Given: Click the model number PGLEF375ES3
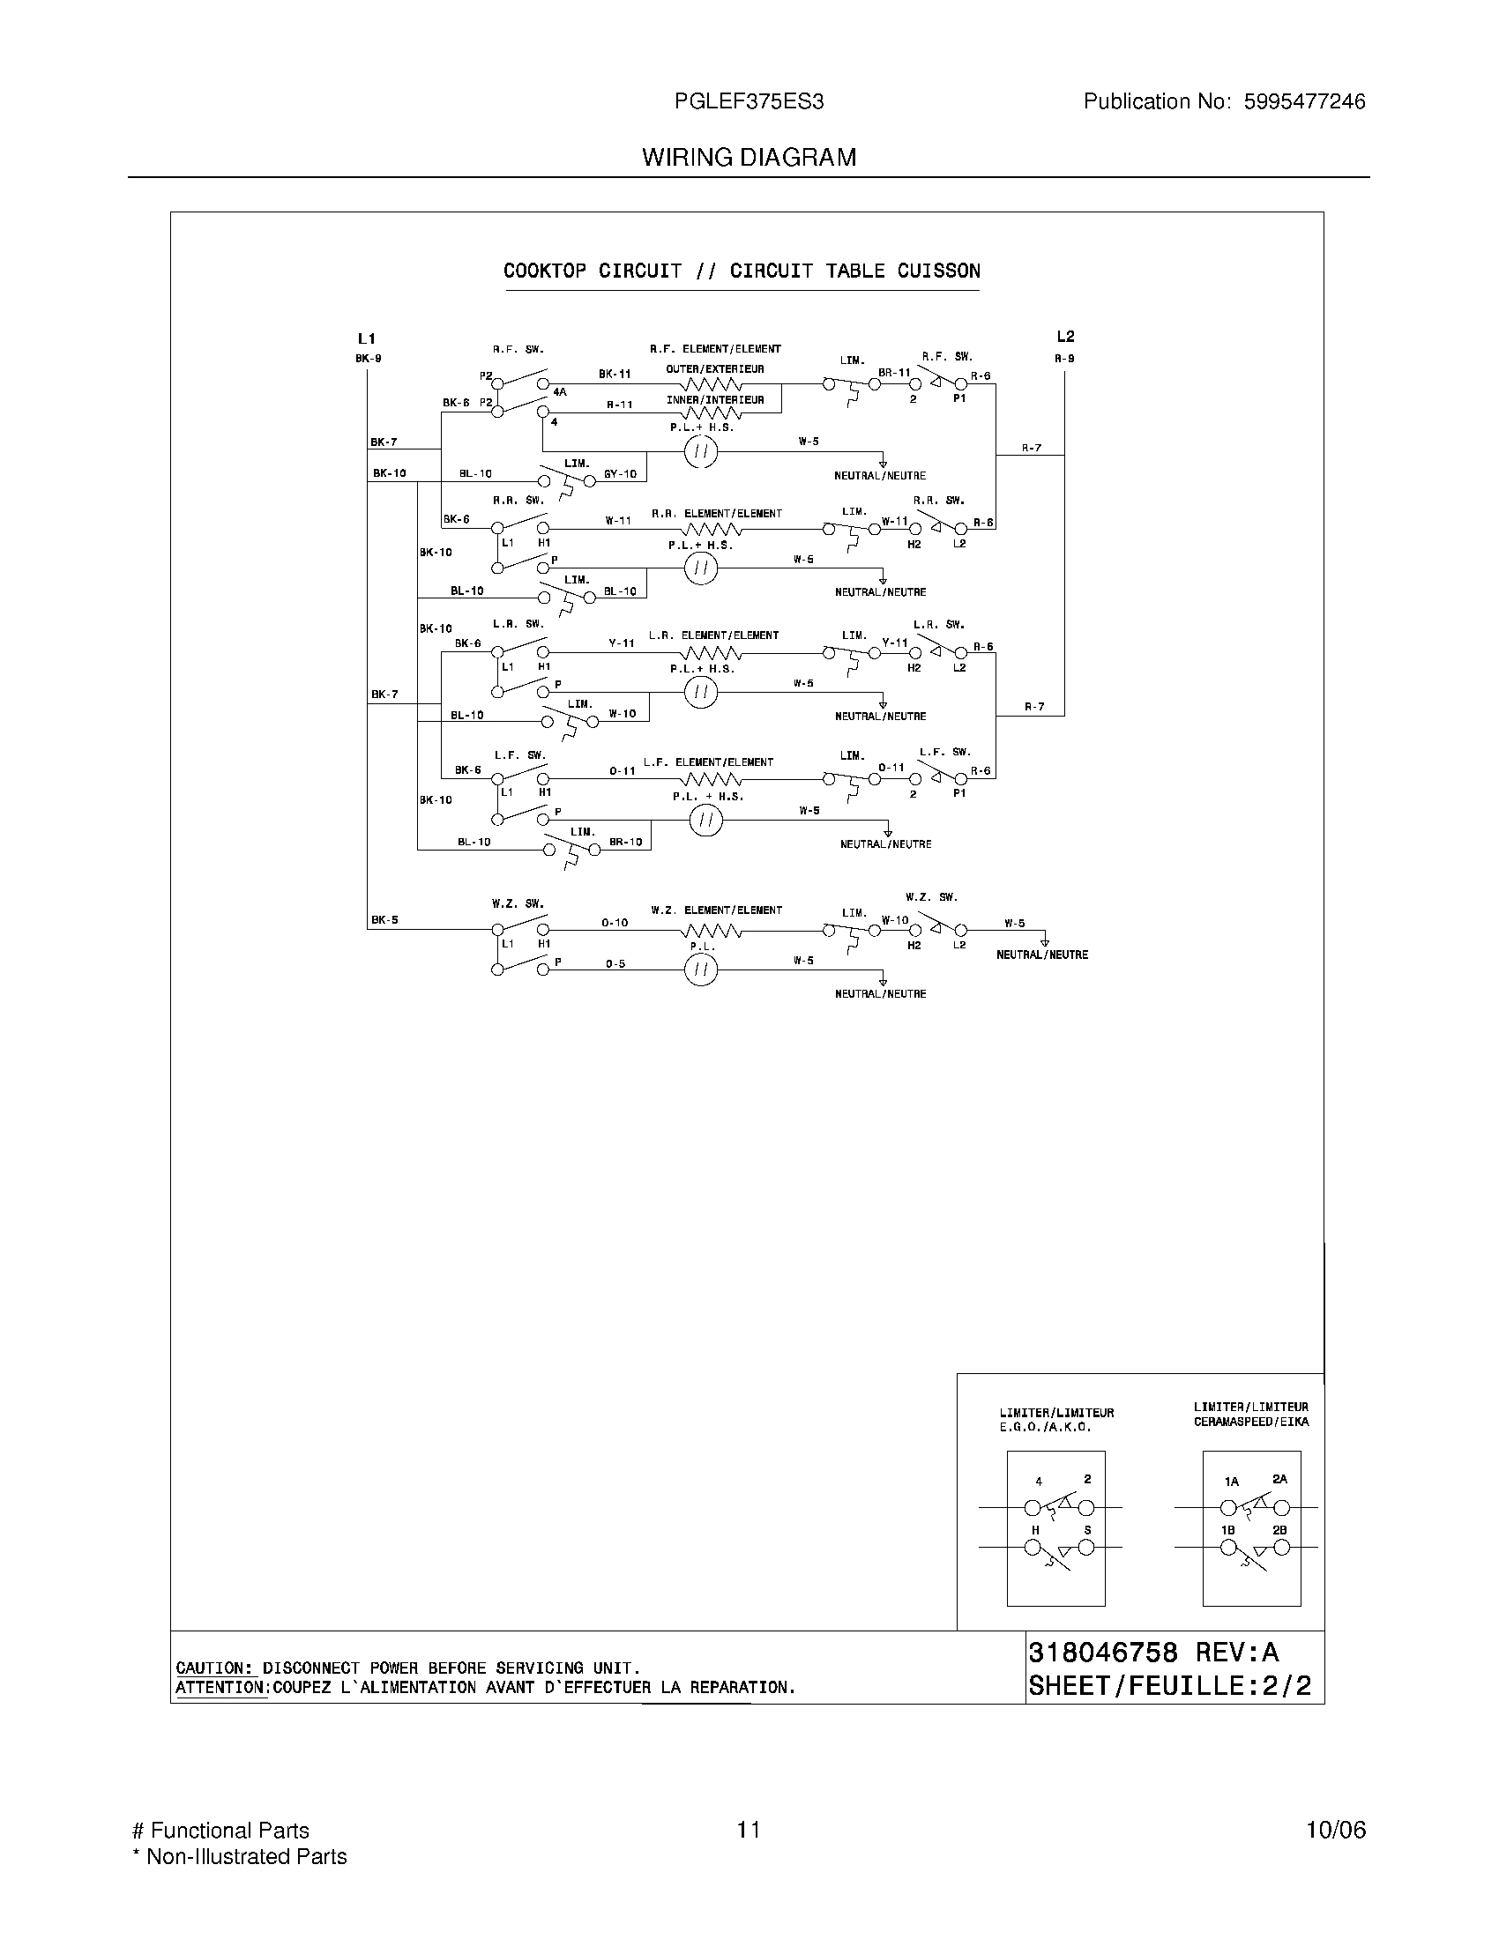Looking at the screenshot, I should [749, 101].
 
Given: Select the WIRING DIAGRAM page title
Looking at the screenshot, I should [749, 157].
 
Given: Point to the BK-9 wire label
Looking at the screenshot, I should [369, 359].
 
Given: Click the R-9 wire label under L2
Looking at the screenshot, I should [1065, 359].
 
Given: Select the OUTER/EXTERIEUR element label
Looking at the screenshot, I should [715, 369].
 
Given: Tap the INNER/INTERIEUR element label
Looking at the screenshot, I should [715, 400].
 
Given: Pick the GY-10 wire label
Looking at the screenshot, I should [620, 474].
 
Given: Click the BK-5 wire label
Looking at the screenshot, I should [384, 920].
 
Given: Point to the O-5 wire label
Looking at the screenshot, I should [615, 963].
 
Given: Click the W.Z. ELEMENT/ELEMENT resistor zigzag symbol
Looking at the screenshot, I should [712, 931].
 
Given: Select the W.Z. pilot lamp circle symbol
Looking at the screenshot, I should [701, 970].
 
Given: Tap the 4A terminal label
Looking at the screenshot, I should [560, 391].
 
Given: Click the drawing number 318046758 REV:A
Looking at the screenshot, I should [1153, 1653].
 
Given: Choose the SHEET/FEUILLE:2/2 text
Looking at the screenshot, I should [1169, 1685].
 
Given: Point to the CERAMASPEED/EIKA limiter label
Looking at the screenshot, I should [1250, 1422].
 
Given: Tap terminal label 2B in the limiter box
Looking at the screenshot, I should [1279, 1530].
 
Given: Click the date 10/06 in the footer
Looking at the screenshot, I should [1336, 1830].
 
